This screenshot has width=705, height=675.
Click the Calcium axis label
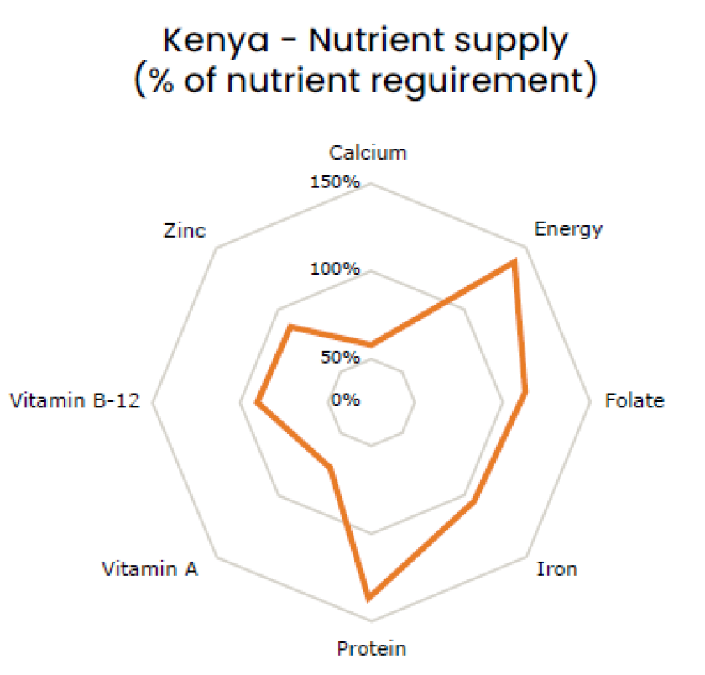pos(368,153)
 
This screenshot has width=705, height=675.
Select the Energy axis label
pos(568,229)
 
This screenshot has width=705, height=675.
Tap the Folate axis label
pos(634,400)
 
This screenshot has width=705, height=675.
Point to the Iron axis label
pos(556,569)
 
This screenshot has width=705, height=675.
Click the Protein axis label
pos(371,648)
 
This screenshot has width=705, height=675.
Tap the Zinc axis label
pos(184,231)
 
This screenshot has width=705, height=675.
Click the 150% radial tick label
pos(335,182)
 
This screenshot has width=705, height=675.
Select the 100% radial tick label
pos(335,269)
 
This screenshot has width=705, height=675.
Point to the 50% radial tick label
pos(339,358)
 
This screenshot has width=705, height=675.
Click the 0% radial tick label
pos(345,400)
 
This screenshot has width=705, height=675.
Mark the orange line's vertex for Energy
pos(514,263)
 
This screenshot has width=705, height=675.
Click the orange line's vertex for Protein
pos(368,597)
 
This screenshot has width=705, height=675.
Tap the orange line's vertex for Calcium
pos(370,343)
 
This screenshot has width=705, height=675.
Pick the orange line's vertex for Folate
pos(525,392)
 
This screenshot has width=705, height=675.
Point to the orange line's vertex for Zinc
pos(290,327)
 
